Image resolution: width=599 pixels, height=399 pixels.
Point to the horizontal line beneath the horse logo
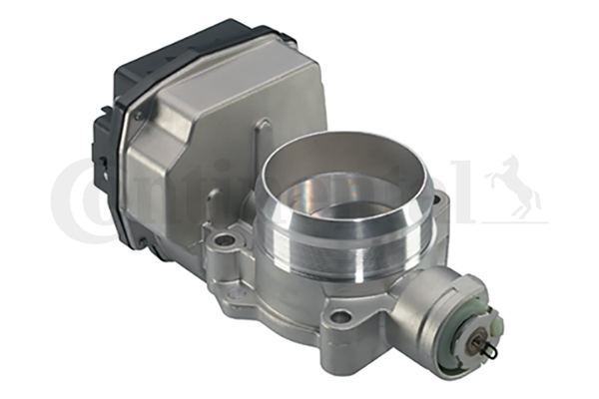(x=514, y=220)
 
